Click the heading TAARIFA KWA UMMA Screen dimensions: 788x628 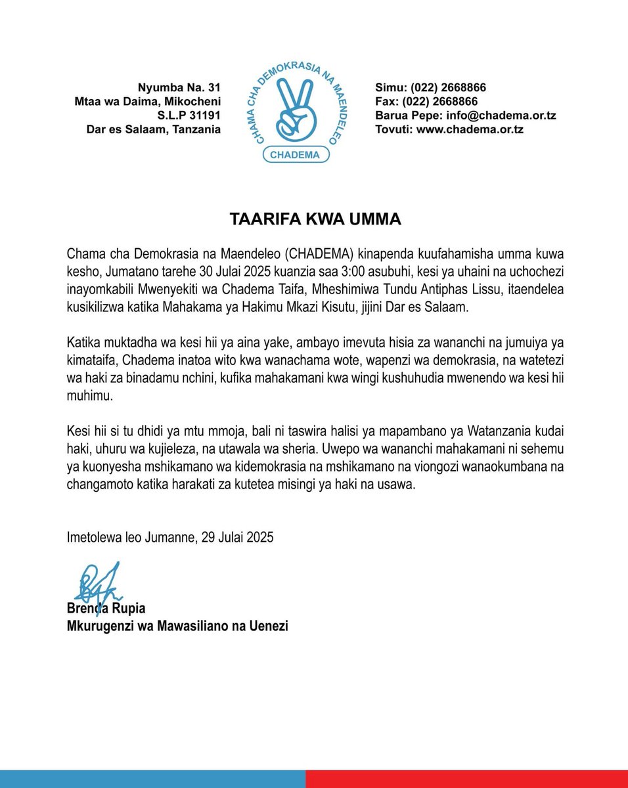tap(315, 219)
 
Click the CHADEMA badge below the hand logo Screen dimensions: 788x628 tap(296, 155)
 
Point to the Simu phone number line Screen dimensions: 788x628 tap(430, 87)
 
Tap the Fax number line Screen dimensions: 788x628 tap(426, 102)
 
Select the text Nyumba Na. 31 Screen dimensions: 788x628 tap(179, 87)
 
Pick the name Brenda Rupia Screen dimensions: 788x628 tap(106, 609)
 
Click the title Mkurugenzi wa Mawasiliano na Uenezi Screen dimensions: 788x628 tap(177, 626)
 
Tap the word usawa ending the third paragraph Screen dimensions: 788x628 tap(400, 485)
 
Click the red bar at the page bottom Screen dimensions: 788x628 tap(466, 779)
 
